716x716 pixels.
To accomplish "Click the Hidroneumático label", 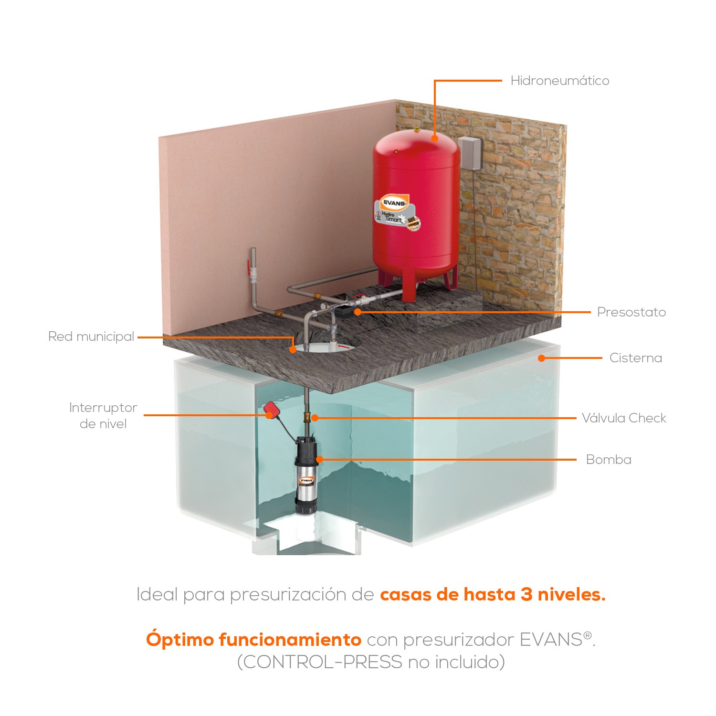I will click(559, 81).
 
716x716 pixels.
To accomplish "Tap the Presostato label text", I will click(631, 312).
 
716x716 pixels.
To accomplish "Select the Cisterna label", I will click(635, 358).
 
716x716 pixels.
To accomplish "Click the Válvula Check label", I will click(623, 418).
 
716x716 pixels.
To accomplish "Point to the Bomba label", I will click(609, 460).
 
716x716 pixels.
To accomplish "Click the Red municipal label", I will click(91, 337).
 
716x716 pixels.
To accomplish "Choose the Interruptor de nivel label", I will click(103, 416).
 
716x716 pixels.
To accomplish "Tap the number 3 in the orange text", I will click(526, 594).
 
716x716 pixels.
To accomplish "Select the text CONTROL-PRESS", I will click(323, 662).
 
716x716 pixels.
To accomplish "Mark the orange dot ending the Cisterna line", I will click(541, 358).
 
